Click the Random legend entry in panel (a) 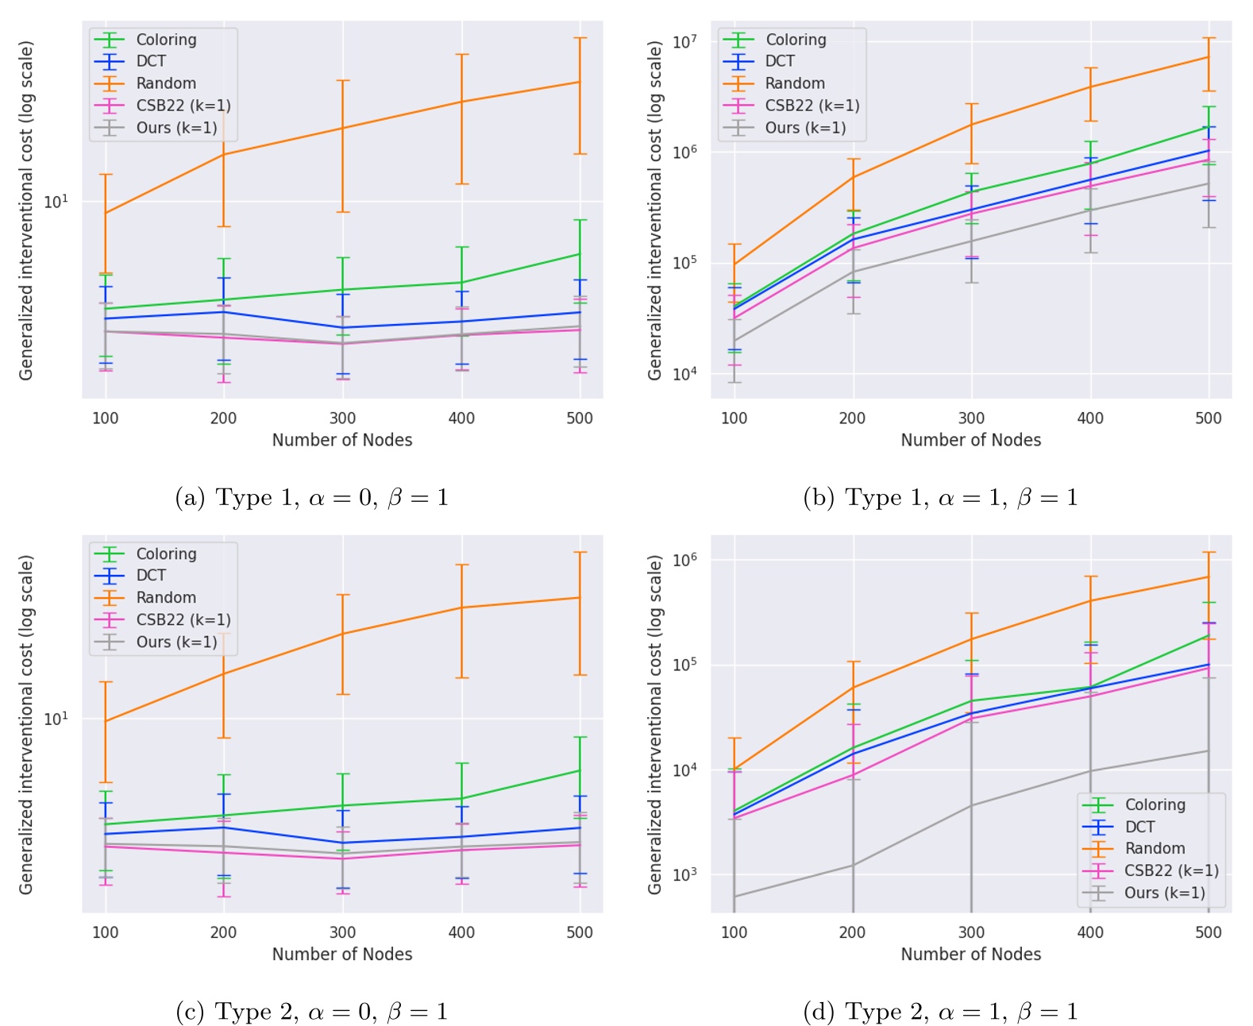click(165, 83)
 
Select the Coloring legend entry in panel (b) click(795, 40)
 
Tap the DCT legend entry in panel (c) click(151, 576)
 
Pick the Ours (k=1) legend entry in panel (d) click(1164, 893)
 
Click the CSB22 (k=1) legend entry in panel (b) click(812, 106)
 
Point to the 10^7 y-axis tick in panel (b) click(684, 41)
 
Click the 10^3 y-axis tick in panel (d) click(684, 874)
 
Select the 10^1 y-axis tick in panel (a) click(55, 202)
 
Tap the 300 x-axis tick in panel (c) click(342, 932)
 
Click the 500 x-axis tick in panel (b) click(1208, 418)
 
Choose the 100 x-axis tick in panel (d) click(734, 932)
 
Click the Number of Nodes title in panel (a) click(342, 440)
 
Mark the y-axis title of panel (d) click(655, 724)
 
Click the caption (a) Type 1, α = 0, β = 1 click(311, 498)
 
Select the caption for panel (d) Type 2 click(940, 1012)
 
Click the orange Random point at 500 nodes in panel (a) click(580, 82)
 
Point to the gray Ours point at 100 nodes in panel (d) click(734, 897)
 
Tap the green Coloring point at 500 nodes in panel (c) click(580, 770)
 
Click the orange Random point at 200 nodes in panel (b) click(853, 176)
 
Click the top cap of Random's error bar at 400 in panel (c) click(461, 565)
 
